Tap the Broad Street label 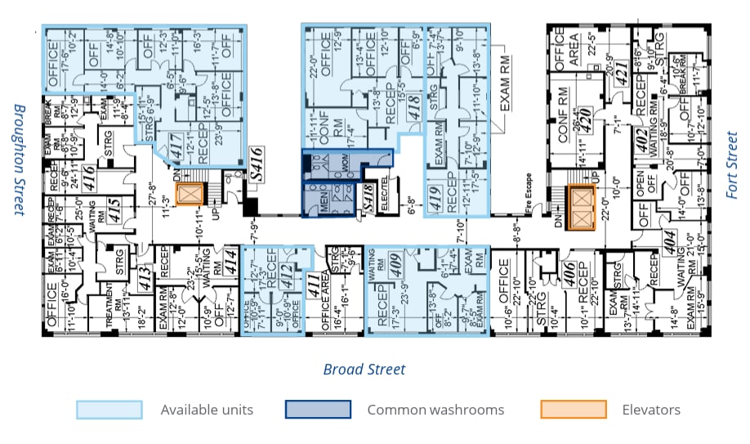click(x=364, y=370)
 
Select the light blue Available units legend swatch click(x=109, y=410)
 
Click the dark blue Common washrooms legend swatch click(x=318, y=410)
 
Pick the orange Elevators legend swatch click(x=574, y=410)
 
